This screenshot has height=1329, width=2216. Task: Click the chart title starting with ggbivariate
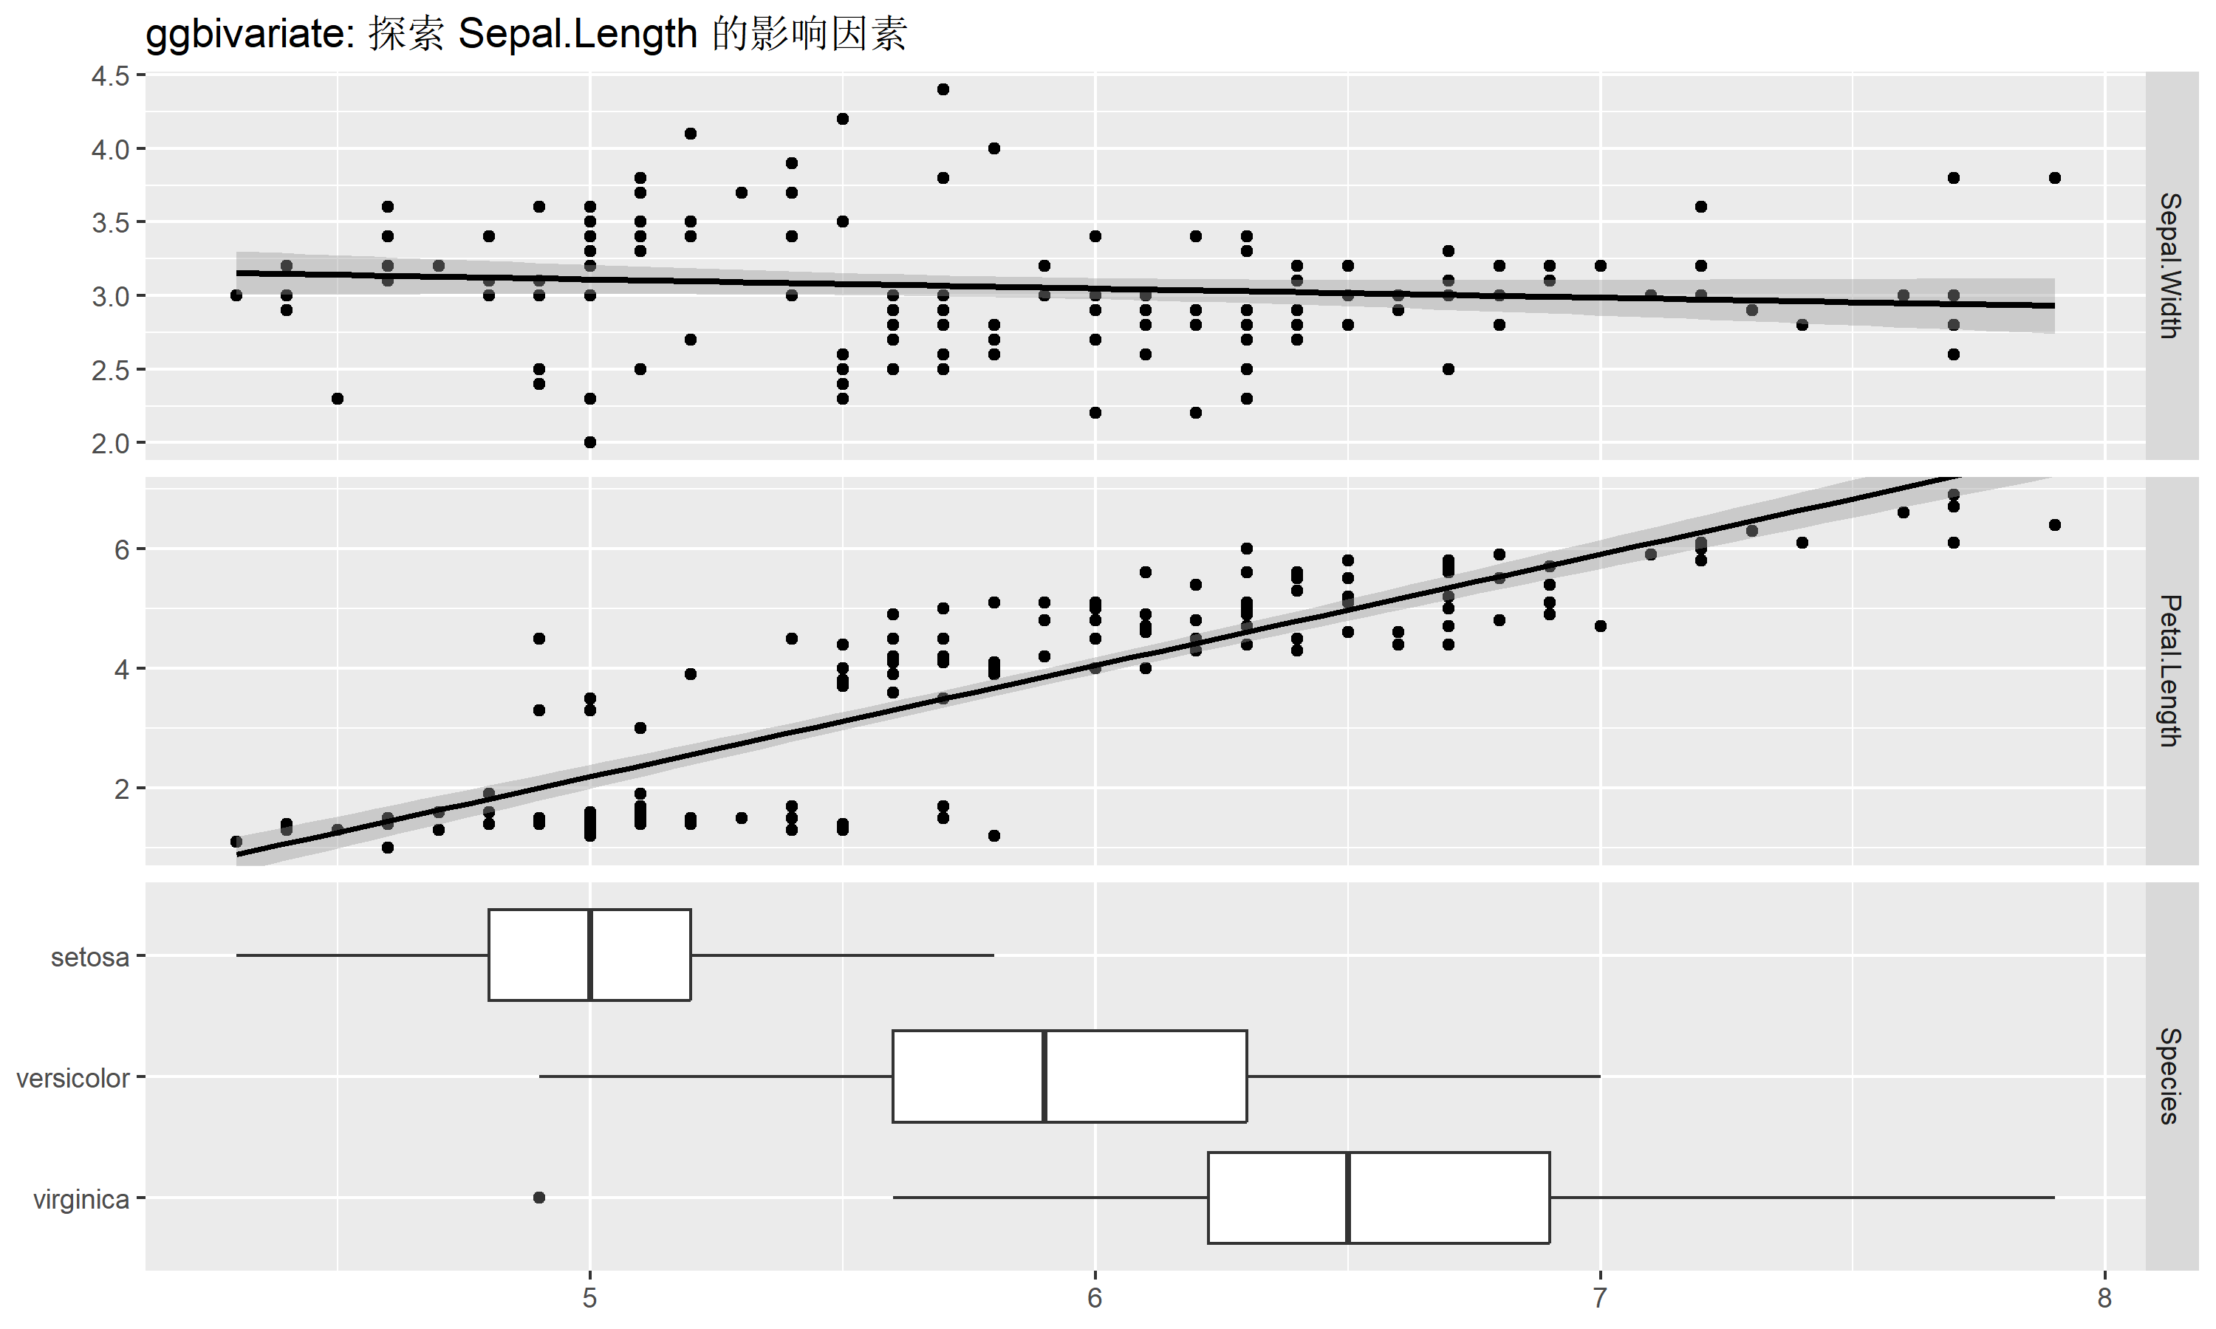tap(526, 35)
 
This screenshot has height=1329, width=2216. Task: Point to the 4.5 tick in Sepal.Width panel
tap(111, 76)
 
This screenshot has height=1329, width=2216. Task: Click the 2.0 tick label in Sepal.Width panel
tap(111, 443)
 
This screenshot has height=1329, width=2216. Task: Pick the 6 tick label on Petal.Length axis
tap(122, 549)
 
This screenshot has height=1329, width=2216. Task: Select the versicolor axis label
tap(72, 1078)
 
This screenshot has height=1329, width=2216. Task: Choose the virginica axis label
tap(81, 1199)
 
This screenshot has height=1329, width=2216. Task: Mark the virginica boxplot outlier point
tap(539, 1198)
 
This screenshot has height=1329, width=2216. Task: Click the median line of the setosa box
tap(590, 955)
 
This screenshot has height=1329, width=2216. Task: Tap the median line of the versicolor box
tap(1044, 1076)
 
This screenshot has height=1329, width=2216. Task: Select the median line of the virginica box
tap(1347, 1198)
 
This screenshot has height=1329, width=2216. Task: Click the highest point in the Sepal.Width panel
tap(943, 89)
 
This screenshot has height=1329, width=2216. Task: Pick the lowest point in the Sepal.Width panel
tap(590, 442)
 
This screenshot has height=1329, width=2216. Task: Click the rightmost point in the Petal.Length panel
tap(2055, 525)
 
